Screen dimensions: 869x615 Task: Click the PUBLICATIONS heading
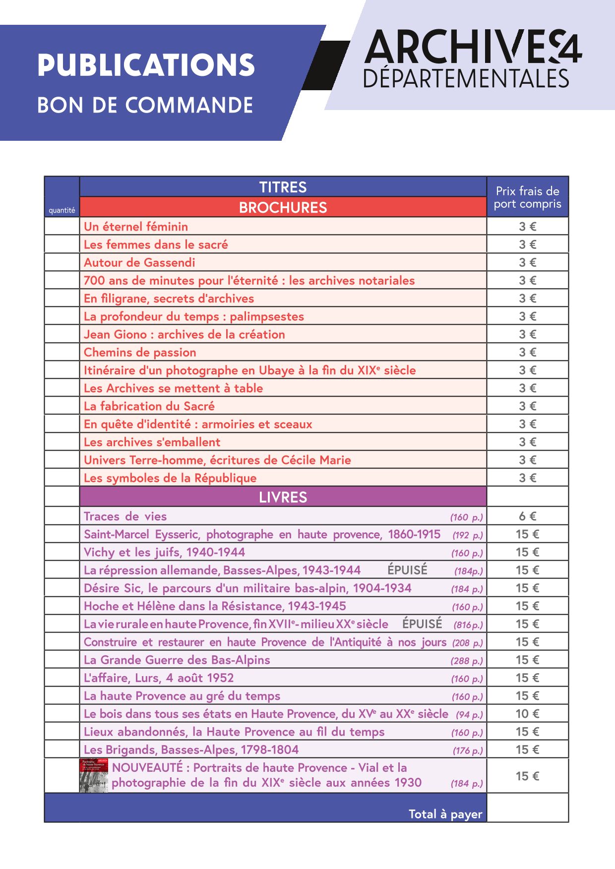pyautogui.click(x=146, y=65)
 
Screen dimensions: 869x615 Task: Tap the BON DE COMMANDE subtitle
pyautogui.click(x=145, y=105)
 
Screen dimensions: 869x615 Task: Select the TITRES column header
pyautogui.click(x=283, y=187)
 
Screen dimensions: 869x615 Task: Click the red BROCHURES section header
pyautogui.click(x=283, y=207)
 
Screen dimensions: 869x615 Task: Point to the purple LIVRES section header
pyautogui.click(x=283, y=497)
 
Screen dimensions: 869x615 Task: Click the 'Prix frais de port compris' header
pyautogui.click(x=527, y=197)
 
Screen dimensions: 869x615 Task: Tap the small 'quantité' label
pyautogui.click(x=62, y=210)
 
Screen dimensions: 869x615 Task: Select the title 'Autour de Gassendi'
pyautogui.click(x=139, y=262)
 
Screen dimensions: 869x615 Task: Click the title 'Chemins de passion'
pyautogui.click(x=140, y=352)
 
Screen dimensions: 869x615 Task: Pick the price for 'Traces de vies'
pyautogui.click(x=527, y=516)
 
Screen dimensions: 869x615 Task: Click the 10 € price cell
pyautogui.click(x=527, y=713)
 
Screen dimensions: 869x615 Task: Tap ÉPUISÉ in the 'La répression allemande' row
pyautogui.click(x=407, y=570)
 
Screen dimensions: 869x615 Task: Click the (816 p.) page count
pyautogui.click(x=468, y=625)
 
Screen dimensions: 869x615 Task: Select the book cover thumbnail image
pyautogui.click(x=94, y=775)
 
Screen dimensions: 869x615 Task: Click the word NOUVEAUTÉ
pyautogui.click(x=147, y=767)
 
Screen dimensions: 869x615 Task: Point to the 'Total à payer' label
pyautogui.click(x=445, y=814)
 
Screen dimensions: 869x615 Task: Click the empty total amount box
pyautogui.click(x=527, y=808)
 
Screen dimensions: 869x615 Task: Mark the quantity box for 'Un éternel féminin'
pyautogui.click(x=62, y=227)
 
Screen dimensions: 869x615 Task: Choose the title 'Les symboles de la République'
pyautogui.click(x=170, y=478)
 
